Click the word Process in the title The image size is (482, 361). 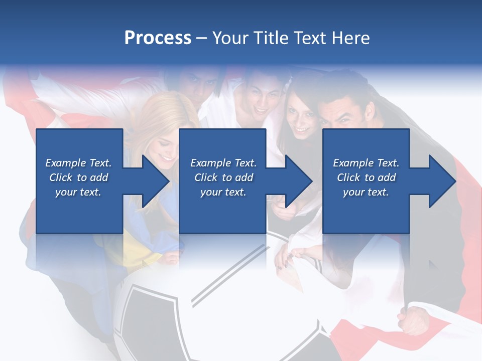click(x=158, y=38)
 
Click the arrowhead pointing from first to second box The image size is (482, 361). click(x=156, y=181)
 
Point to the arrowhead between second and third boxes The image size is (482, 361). click(x=299, y=181)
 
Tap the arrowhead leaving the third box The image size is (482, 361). click(x=442, y=181)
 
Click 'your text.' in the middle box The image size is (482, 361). click(x=223, y=192)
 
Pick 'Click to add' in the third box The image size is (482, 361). click(x=366, y=177)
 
